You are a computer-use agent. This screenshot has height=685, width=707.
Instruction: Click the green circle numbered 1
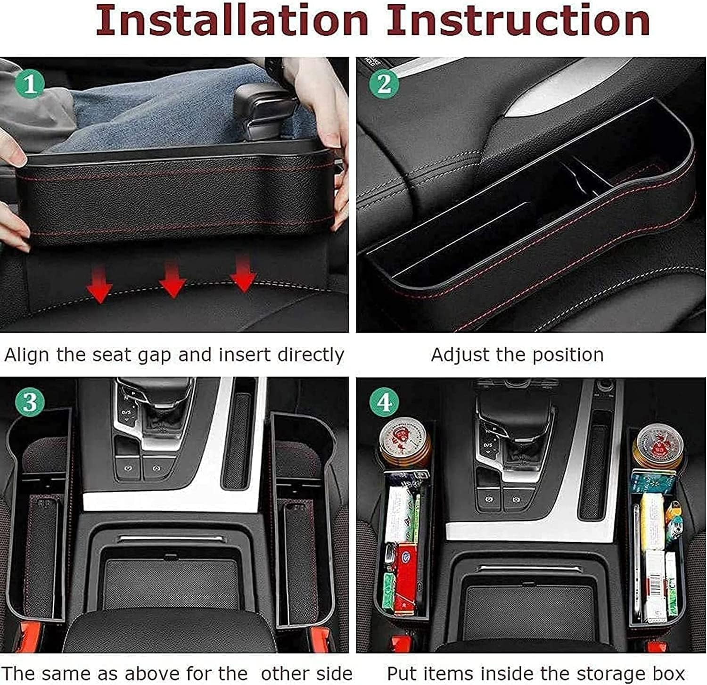coord(30,84)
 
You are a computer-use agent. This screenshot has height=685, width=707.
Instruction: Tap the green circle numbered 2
coord(384,84)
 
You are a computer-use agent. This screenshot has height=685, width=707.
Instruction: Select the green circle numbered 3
coord(30,403)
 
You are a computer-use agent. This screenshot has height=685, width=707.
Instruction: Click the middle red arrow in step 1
coord(172,281)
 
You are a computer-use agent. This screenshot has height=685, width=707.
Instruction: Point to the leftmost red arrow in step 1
coord(99,286)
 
